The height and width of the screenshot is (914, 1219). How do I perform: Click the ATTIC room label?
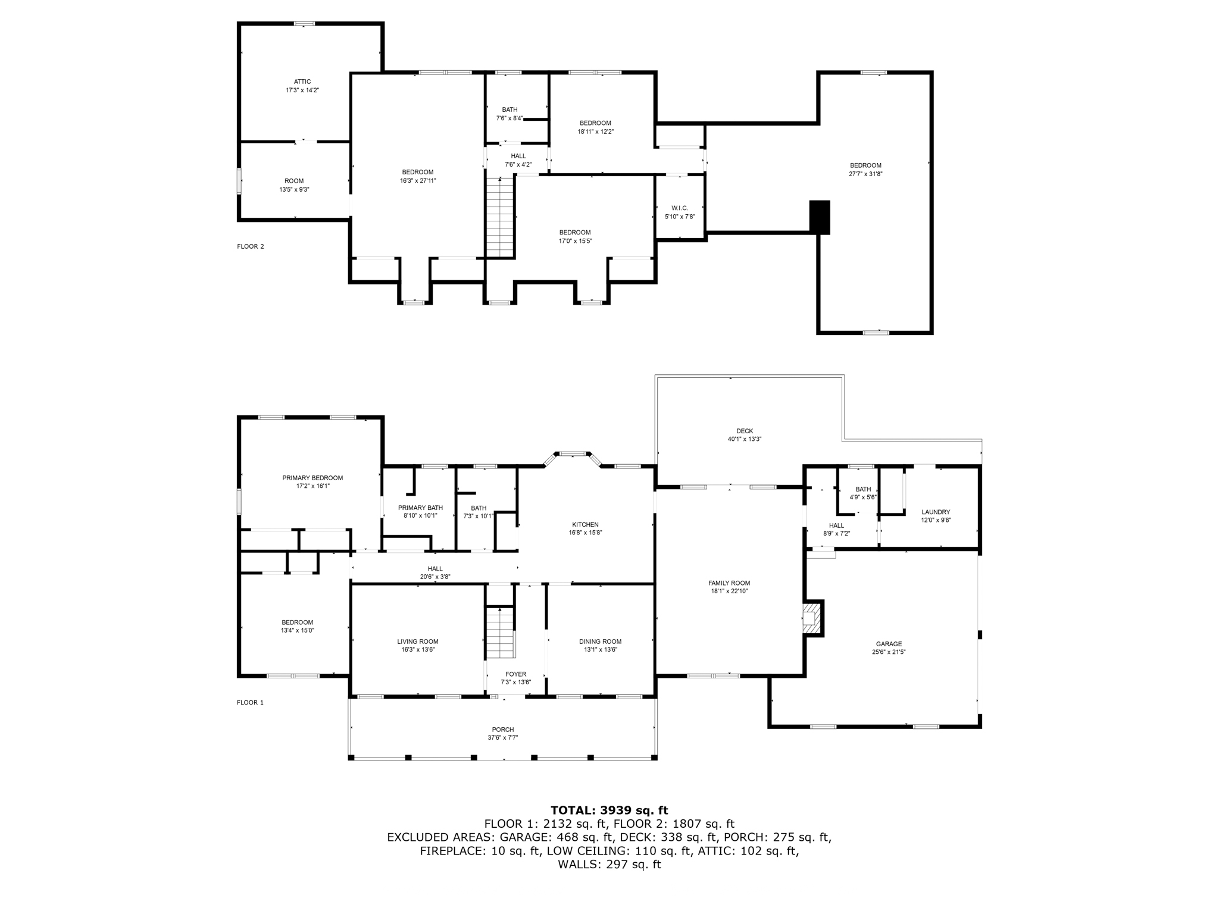(302, 82)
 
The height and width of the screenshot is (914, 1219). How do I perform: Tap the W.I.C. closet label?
(680, 208)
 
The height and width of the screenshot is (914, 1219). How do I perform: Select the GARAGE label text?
(889, 644)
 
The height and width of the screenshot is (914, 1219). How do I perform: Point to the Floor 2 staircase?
(500, 217)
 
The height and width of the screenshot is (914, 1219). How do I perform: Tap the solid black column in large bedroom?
(820, 217)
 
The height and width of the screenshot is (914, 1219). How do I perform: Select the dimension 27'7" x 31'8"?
(865, 174)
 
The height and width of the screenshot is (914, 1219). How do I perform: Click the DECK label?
(745, 431)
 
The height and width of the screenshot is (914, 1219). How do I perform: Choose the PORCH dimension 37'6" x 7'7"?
(503, 738)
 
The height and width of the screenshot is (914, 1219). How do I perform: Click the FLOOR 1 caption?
(250, 703)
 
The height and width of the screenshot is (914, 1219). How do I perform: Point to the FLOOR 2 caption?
(250, 246)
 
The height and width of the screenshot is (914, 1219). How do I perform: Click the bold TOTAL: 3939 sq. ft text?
(609, 810)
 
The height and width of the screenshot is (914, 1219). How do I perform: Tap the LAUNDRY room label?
(936, 512)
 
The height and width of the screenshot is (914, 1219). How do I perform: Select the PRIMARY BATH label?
(420, 508)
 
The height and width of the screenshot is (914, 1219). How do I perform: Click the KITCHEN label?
(585, 525)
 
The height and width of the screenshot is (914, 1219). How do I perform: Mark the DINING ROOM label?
(600, 641)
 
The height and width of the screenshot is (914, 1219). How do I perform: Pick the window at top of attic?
(304, 24)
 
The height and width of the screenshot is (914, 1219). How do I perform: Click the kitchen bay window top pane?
(572, 454)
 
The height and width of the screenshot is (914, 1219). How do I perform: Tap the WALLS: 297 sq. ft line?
(609, 865)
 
